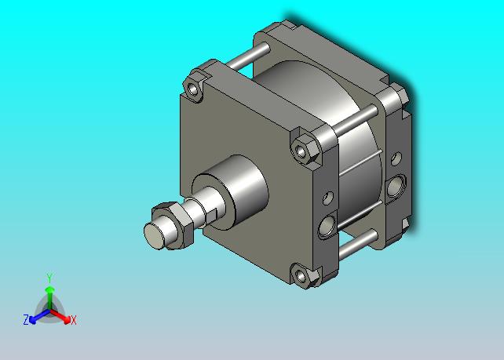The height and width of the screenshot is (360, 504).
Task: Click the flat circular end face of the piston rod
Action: [x=155, y=235]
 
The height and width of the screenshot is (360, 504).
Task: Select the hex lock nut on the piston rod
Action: [x=173, y=226]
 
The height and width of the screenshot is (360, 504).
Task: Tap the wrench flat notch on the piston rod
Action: [x=211, y=216]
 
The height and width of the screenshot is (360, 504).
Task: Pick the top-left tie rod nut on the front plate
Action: [x=193, y=89]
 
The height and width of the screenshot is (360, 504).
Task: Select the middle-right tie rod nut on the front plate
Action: [x=305, y=149]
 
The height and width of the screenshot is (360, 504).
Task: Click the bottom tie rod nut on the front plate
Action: [x=305, y=275]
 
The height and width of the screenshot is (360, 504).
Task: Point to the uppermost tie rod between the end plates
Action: [x=248, y=56]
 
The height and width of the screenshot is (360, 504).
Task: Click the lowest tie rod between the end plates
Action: [x=358, y=245]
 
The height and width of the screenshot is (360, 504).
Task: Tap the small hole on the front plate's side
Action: [x=328, y=198]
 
